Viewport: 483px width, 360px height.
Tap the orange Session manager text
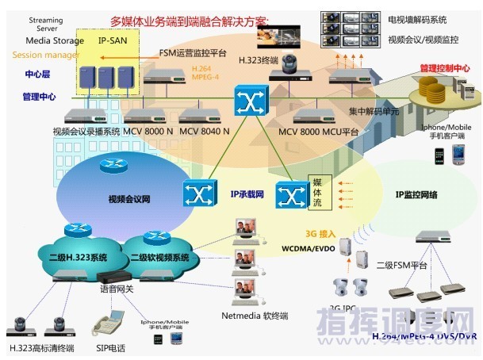point(45,55)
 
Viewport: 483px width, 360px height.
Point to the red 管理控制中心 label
point(448,68)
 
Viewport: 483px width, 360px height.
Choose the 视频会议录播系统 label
point(85,131)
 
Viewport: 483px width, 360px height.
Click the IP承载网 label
point(246,193)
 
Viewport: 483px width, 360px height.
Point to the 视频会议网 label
point(128,199)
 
